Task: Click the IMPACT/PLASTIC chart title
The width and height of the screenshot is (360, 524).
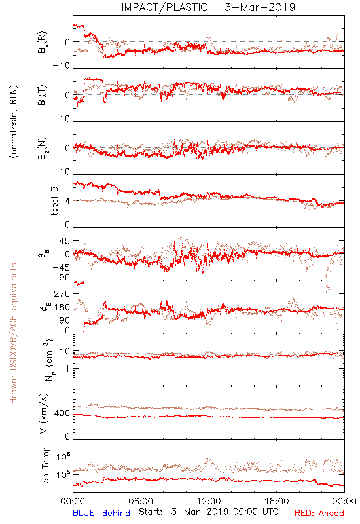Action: (164, 7)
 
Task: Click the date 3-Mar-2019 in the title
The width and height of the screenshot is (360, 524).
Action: (260, 7)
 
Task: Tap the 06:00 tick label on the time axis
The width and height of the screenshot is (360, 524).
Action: (141, 501)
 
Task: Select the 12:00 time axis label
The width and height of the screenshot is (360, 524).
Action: (209, 501)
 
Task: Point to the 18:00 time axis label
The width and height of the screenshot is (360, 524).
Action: (277, 501)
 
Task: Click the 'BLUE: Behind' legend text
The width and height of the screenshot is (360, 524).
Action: (101, 513)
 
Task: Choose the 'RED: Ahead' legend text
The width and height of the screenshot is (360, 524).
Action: (319, 513)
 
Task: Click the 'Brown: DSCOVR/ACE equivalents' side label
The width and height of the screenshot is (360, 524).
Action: (13, 333)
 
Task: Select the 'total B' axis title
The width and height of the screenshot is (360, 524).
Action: (54, 201)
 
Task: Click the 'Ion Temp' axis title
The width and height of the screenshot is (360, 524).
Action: (46, 466)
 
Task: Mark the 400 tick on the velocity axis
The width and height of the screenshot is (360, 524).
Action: (62, 413)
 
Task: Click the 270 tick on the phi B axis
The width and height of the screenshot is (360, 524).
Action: (62, 293)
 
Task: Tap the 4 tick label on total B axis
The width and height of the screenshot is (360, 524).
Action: (68, 201)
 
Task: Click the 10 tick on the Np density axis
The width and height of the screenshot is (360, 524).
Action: (65, 352)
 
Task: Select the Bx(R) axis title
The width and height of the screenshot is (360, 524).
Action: (43, 42)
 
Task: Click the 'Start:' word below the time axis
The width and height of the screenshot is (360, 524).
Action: (151, 512)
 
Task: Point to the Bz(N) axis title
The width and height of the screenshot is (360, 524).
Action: (43, 148)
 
